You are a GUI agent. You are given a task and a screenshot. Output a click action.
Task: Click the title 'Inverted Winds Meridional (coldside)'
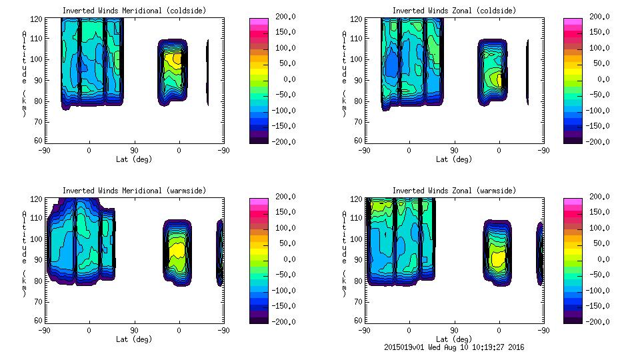134,11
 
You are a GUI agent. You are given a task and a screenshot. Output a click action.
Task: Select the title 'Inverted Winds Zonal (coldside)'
454,11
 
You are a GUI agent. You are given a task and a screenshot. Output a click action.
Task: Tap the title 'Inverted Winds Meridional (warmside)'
134,191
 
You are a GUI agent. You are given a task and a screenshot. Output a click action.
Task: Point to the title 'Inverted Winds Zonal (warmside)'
454,191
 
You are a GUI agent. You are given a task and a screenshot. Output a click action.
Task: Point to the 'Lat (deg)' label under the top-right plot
454,159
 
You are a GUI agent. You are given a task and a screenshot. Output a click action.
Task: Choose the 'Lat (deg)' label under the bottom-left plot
134,339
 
